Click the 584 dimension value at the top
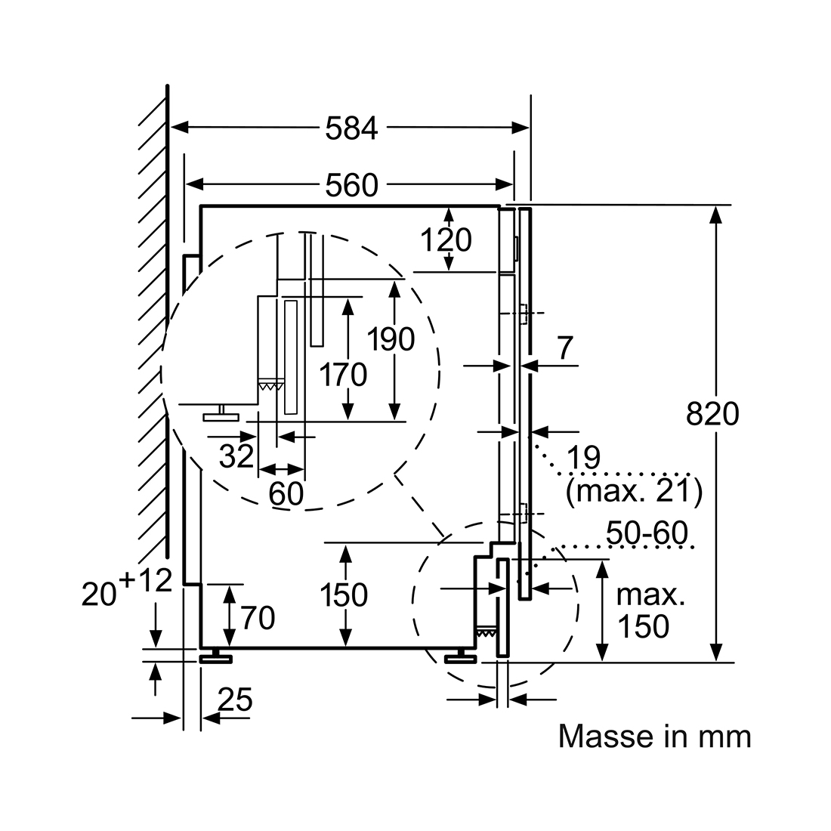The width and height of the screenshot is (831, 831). (x=351, y=128)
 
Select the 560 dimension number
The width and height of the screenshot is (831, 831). (x=351, y=185)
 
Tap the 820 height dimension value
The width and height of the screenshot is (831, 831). (x=712, y=414)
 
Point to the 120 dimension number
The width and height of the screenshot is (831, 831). (x=446, y=240)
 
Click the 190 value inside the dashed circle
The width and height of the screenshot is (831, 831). (x=391, y=339)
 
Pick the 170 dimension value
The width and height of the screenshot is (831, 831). (x=343, y=375)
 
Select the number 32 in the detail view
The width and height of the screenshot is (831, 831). (x=236, y=456)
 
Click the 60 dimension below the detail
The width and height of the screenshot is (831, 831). (x=286, y=493)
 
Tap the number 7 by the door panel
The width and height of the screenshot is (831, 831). (x=566, y=348)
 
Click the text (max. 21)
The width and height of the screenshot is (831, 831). (x=634, y=491)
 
